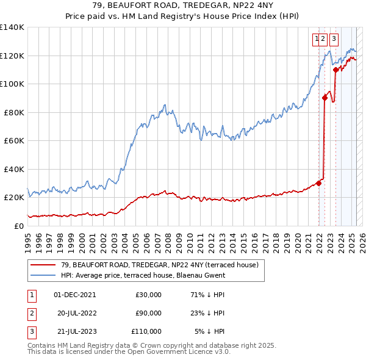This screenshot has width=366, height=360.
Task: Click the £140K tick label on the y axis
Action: tap(12, 27)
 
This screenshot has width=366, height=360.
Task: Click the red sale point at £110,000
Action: tap(335, 70)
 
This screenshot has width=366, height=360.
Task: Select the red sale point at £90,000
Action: tap(325, 98)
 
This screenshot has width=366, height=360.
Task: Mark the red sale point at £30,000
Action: tap(318, 183)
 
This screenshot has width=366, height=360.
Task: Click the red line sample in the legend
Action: tap(43, 265)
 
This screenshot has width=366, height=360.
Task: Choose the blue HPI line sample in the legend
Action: tap(43, 275)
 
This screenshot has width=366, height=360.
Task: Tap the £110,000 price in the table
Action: tap(146, 331)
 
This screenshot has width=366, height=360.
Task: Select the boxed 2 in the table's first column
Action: tap(30, 313)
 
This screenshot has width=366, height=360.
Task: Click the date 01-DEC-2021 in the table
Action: tap(75, 295)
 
